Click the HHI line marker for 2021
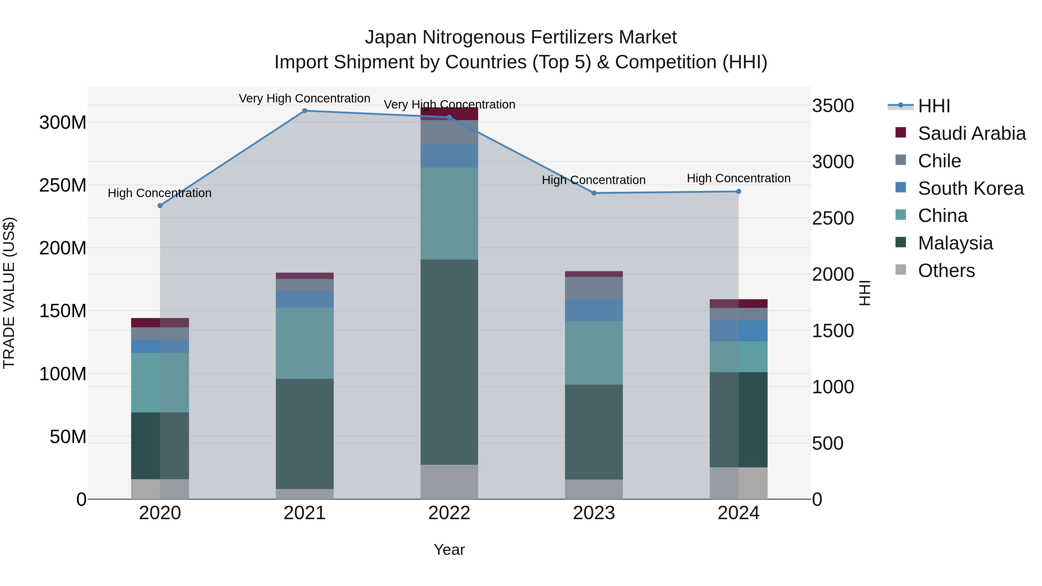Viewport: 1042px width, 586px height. click(304, 111)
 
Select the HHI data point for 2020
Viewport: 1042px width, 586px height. click(160, 205)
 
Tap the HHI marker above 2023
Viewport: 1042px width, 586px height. click(594, 193)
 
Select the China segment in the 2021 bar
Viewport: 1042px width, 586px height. click(304, 343)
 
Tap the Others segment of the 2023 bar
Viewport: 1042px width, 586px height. click(594, 489)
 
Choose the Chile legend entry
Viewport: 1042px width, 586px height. click(939, 161)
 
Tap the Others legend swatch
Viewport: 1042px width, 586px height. click(901, 270)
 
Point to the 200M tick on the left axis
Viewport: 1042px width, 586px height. click(63, 248)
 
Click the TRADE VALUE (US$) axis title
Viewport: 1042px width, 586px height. click(9, 293)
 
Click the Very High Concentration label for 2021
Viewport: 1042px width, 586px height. click(304, 98)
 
